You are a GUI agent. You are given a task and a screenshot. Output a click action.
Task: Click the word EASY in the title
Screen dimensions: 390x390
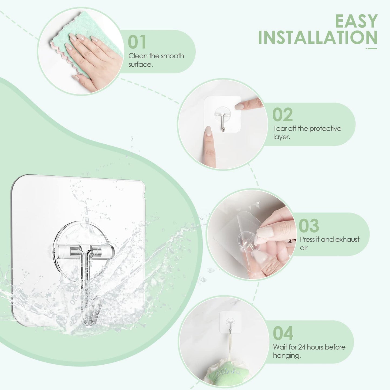click(356, 21)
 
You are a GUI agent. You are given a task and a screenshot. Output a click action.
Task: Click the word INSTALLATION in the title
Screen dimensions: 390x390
click(318, 38)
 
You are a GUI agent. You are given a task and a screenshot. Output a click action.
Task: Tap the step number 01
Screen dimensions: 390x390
click(137, 42)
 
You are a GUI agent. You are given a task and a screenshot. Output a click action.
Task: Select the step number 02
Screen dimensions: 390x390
click(282, 115)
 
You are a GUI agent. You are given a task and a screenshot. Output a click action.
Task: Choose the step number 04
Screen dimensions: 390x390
click(283, 333)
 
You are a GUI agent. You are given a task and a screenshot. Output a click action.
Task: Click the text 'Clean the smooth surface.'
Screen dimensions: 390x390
click(156, 60)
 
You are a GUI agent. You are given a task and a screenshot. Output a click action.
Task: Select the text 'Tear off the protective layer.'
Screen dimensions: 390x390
click(307, 132)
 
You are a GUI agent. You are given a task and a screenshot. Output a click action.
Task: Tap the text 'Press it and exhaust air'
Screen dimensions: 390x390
click(329, 243)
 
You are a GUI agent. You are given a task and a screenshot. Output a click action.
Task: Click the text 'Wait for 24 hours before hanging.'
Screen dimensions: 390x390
click(309, 351)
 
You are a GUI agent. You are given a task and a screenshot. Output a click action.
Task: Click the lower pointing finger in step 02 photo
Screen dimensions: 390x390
click(209, 146)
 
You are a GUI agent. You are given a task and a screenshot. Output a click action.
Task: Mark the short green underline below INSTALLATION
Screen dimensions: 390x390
click(371, 49)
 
